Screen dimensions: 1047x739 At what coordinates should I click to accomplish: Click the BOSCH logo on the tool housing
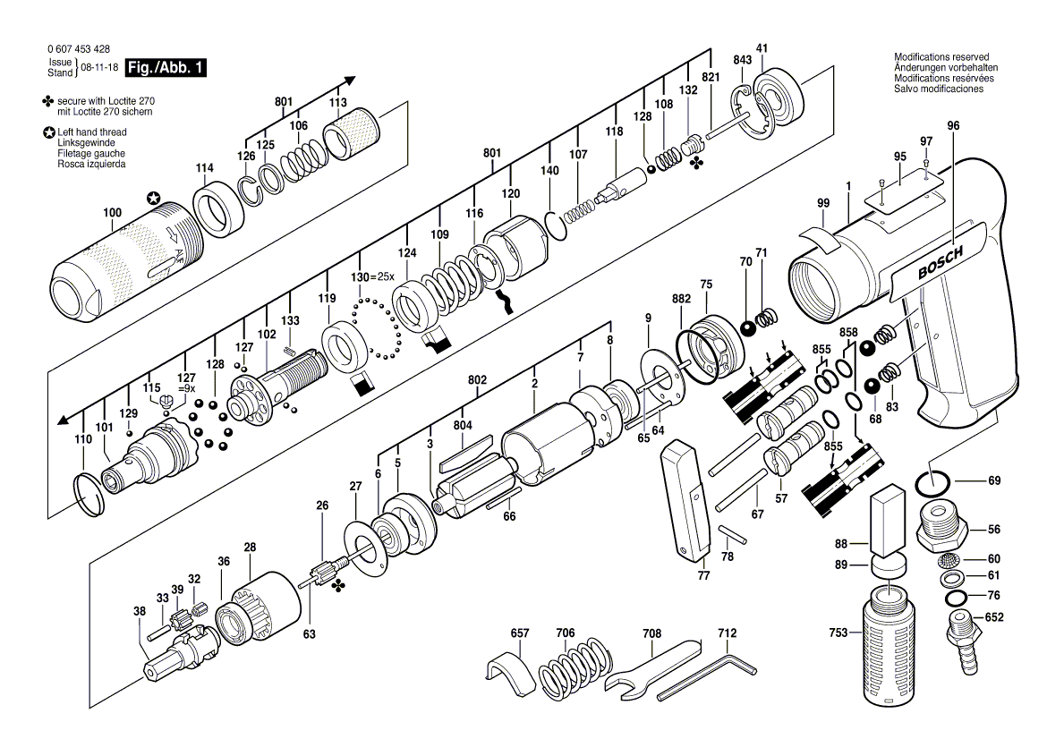[x=941, y=262]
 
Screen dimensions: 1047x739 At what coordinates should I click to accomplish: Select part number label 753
[x=838, y=633]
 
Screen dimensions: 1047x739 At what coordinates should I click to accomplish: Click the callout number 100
[x=112, y=212]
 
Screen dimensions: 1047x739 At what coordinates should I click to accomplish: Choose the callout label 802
[x=478, y=380]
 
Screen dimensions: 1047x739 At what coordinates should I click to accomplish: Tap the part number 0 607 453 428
[x=79, y=48]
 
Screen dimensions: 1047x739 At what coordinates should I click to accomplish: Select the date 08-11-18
[x=99, y=67]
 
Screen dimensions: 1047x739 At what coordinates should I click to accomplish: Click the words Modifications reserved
[x=941, y=56]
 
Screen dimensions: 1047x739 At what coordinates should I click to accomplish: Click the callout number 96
[x=953, y=125]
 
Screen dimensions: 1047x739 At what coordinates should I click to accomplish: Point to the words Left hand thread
[x=91, y=132]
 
